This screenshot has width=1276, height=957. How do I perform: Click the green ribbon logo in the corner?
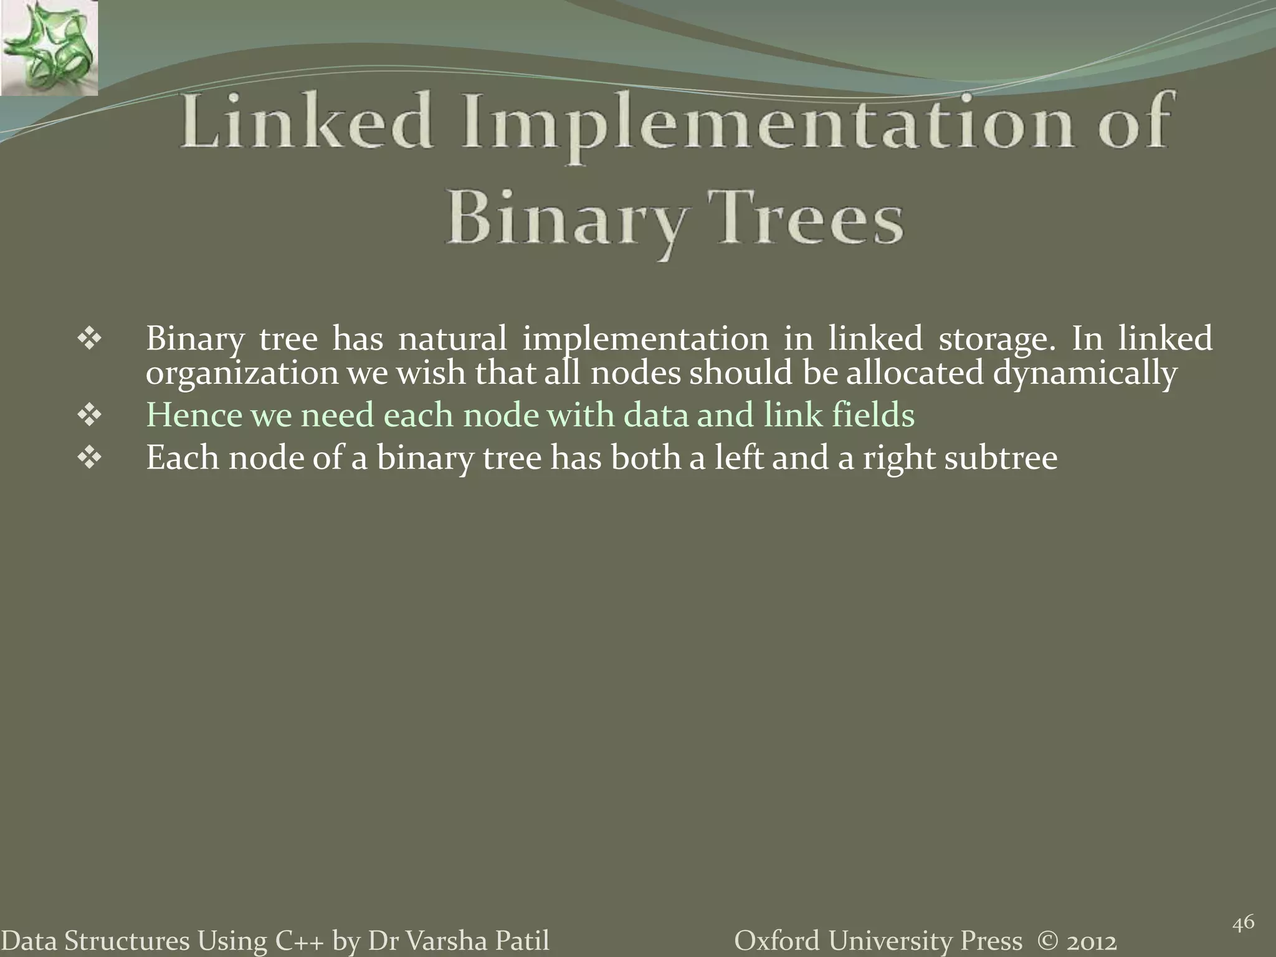pyautogui.click(x=49, y=48)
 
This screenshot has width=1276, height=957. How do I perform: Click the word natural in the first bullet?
pyautogui.click(x=452, y=339)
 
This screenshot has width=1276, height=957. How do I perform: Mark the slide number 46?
pyautogui.click(x=1244, y=923)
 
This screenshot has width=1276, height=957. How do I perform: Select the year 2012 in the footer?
pyautogui.click(x=1090, y=941)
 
